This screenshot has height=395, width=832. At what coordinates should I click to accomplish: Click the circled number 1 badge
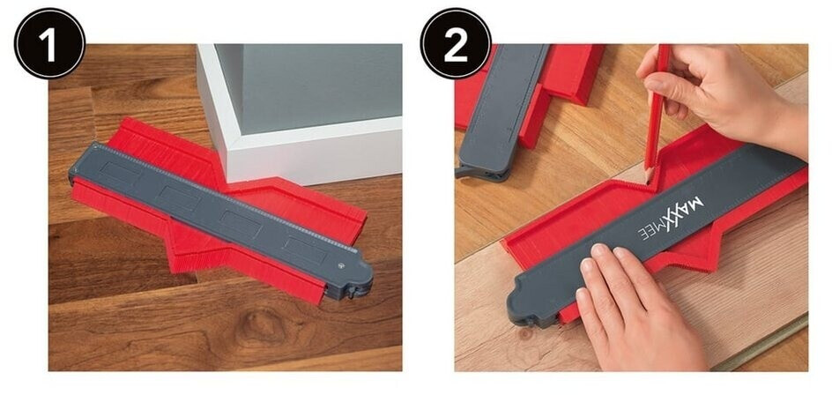pyautogui.click(x=49, y=43)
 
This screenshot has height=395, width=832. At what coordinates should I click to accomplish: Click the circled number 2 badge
pyautogui.click(x=456, y=43)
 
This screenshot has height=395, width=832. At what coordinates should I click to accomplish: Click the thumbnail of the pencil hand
pyautogui.click(x=654, y=85)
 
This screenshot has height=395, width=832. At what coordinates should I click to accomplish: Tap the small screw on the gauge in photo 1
pyautogui.click(x=340, y=265)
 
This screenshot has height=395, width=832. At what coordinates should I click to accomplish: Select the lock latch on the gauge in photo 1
pyautogui.click(x=352, y=292)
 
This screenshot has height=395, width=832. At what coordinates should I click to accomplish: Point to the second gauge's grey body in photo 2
pyautogui.click(x=501, y=106)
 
